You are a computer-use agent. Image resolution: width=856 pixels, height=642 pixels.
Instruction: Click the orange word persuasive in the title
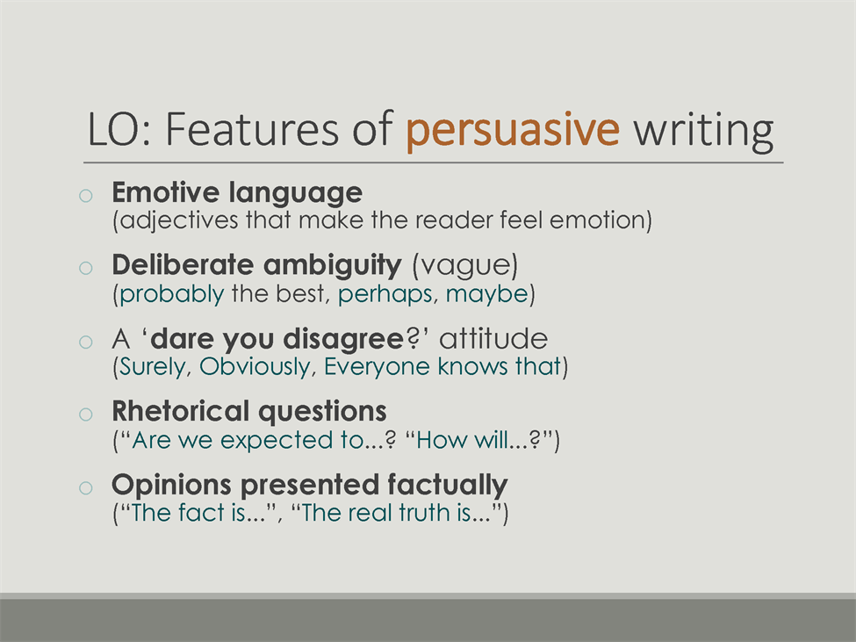pyautogui.click(x=513, y=130)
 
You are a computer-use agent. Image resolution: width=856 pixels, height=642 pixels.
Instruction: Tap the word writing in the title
pyautogui.click(x=703, y=130)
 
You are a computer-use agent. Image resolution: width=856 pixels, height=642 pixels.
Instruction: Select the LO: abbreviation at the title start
pyautogui.click(x=119, y=129)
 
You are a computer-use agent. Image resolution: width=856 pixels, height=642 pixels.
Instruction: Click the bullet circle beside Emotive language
pyautogui.click(x=86, y=196)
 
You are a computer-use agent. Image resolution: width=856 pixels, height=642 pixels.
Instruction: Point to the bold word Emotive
pyautogui.click(x=166, y=192)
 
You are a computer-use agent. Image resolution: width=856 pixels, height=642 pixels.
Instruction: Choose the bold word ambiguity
pyautogui.click(x=333, y=266)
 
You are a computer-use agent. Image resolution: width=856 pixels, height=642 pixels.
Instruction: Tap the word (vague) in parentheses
pyautogui.click(x=465, y=266)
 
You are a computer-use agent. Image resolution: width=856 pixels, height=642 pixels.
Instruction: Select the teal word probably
pyautogui.click(x=172, y=295)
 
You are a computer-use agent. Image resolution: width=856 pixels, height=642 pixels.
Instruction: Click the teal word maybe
pyautogui.click(x=487, y=295)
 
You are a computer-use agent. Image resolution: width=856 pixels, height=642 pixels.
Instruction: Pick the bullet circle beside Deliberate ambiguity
pyautogui.click(x=86, y=268)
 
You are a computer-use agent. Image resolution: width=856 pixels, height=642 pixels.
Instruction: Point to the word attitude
pyautogui.click(x=493, y=339)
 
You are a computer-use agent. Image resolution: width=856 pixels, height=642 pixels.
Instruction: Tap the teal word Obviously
pyautogui.click(x=255, y=367)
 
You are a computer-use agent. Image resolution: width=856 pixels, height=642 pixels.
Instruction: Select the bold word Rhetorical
pyautogui.click(x=180, y=411)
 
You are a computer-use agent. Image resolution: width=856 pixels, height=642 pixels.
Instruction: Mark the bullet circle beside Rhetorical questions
pyautogui.click(x=86, y=415)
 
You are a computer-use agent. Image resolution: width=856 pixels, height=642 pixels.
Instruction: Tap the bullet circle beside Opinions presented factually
pyautogui.click(x=86, y=487)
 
